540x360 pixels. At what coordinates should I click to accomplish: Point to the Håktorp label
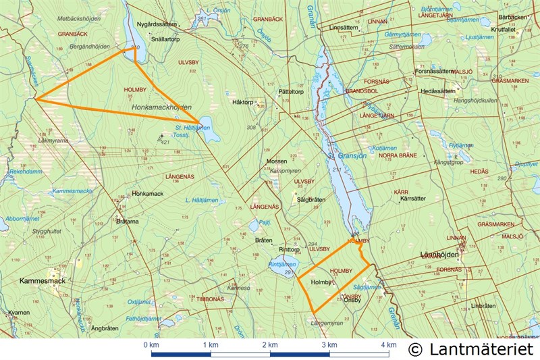(242, 102)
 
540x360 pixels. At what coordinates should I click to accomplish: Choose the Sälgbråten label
(311, 199)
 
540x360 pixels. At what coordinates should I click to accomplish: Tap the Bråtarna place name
(127, 221)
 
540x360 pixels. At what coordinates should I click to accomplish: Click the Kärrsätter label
(413, 199)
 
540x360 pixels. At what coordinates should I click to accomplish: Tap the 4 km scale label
(388, 345)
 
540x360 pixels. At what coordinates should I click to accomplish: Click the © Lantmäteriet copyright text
(470, 349)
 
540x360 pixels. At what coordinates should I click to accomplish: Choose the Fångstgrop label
(449, 162)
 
